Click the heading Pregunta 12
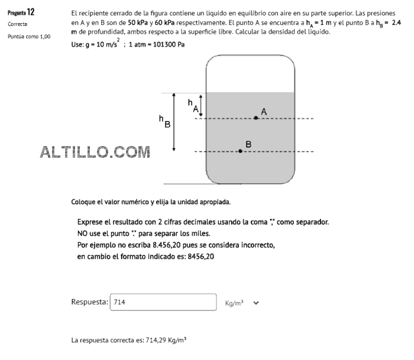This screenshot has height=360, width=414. tap(21, 12)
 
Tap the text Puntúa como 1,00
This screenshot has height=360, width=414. tap(29, 36)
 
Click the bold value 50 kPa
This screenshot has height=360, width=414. tap(139, 22)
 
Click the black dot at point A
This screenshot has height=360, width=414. tap(255, 118)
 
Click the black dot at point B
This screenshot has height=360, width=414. tap(240, 151)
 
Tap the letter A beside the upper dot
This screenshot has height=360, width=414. tap(264, 111)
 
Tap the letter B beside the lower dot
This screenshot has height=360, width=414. tap(248, 144)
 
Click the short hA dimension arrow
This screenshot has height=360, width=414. tap(201, 105)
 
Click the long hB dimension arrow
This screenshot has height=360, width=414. tap(174, 122)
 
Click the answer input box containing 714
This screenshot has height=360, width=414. tap(163, 302)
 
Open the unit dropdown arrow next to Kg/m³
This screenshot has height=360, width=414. tap(256, 303)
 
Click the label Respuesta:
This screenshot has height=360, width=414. tap(89, 302)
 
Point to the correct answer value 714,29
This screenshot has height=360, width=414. tap(156, 340)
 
